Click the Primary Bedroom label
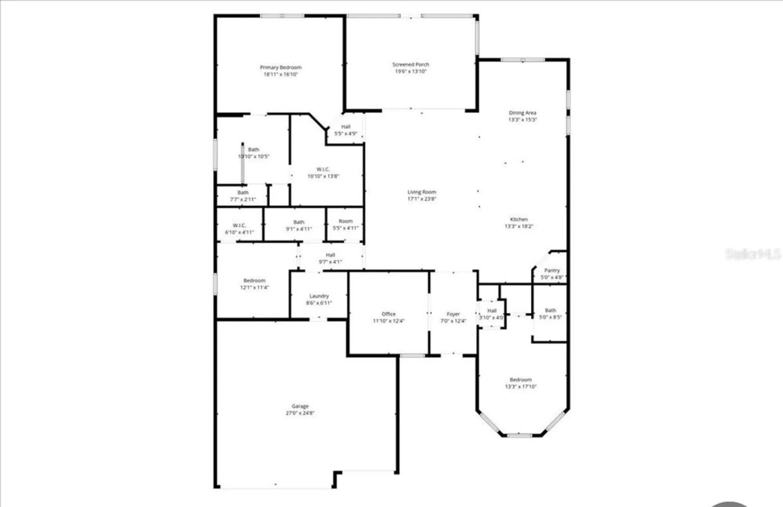(281, 67)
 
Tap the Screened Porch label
(411, 64)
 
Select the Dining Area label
(522, 113)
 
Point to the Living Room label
(422, 192)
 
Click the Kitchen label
(519, 219)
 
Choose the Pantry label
(552, 270)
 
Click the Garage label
(300, 406)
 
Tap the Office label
(388, 314)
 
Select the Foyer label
(453, 314)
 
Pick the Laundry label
(319, 296)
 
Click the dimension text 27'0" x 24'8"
(300, 413)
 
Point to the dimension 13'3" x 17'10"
(521, 387)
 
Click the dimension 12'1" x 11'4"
(254, 288)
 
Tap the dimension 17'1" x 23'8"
(422, 199)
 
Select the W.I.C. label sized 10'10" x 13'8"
(323, 169)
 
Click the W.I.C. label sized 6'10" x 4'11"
(239, 225)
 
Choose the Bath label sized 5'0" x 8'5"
(550, 310)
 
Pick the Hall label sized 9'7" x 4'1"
(330, 255)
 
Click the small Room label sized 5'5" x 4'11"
(345, 221)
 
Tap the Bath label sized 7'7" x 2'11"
(243, 192)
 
